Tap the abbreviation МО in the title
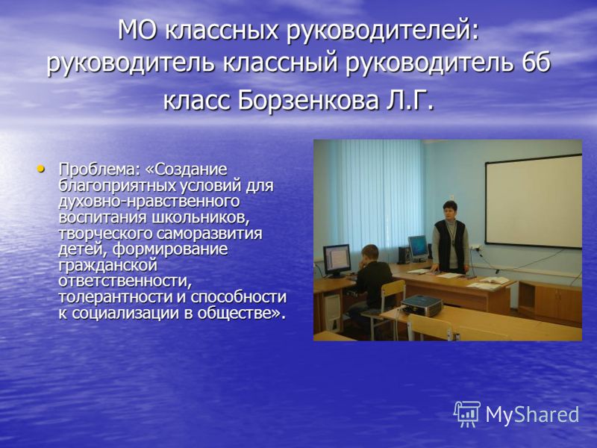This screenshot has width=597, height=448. click(x=137, y=30)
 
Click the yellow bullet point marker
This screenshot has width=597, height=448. click(x=40, y=168)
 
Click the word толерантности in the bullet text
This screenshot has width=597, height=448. click(x=115, y=297)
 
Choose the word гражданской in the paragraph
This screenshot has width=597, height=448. click(x=107, y=266)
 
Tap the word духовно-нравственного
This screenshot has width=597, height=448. click(x=149, y=202)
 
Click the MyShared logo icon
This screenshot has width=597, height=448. click(x=467, y=414)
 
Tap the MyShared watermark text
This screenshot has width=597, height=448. click(x=532, y=414)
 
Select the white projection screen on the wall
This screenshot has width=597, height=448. click(x=534, y=201)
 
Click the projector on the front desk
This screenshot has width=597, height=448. click(x=422, y=305)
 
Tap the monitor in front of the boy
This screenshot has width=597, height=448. click(x=337, y=260)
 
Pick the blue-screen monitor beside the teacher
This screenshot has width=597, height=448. click(x=418, y=247)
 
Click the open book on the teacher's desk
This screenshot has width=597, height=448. click(x=494, y=281)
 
